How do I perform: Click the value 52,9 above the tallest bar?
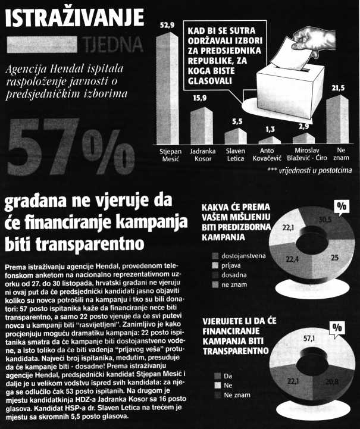tap(168, 26)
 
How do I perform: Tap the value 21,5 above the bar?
tap(338, 87)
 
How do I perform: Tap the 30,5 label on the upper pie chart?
tap(324, 220)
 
